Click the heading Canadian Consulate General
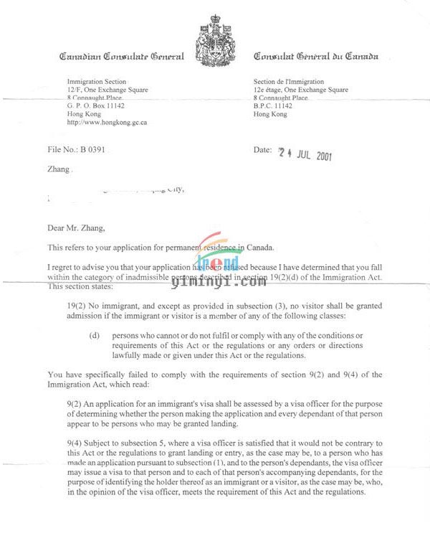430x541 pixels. (122, 57)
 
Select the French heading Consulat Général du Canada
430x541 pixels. (316, 57)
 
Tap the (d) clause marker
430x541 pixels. (94, 337)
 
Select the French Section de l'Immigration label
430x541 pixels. (289, 82)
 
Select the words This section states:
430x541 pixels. (77, 288)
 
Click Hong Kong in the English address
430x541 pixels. (82, 113)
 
